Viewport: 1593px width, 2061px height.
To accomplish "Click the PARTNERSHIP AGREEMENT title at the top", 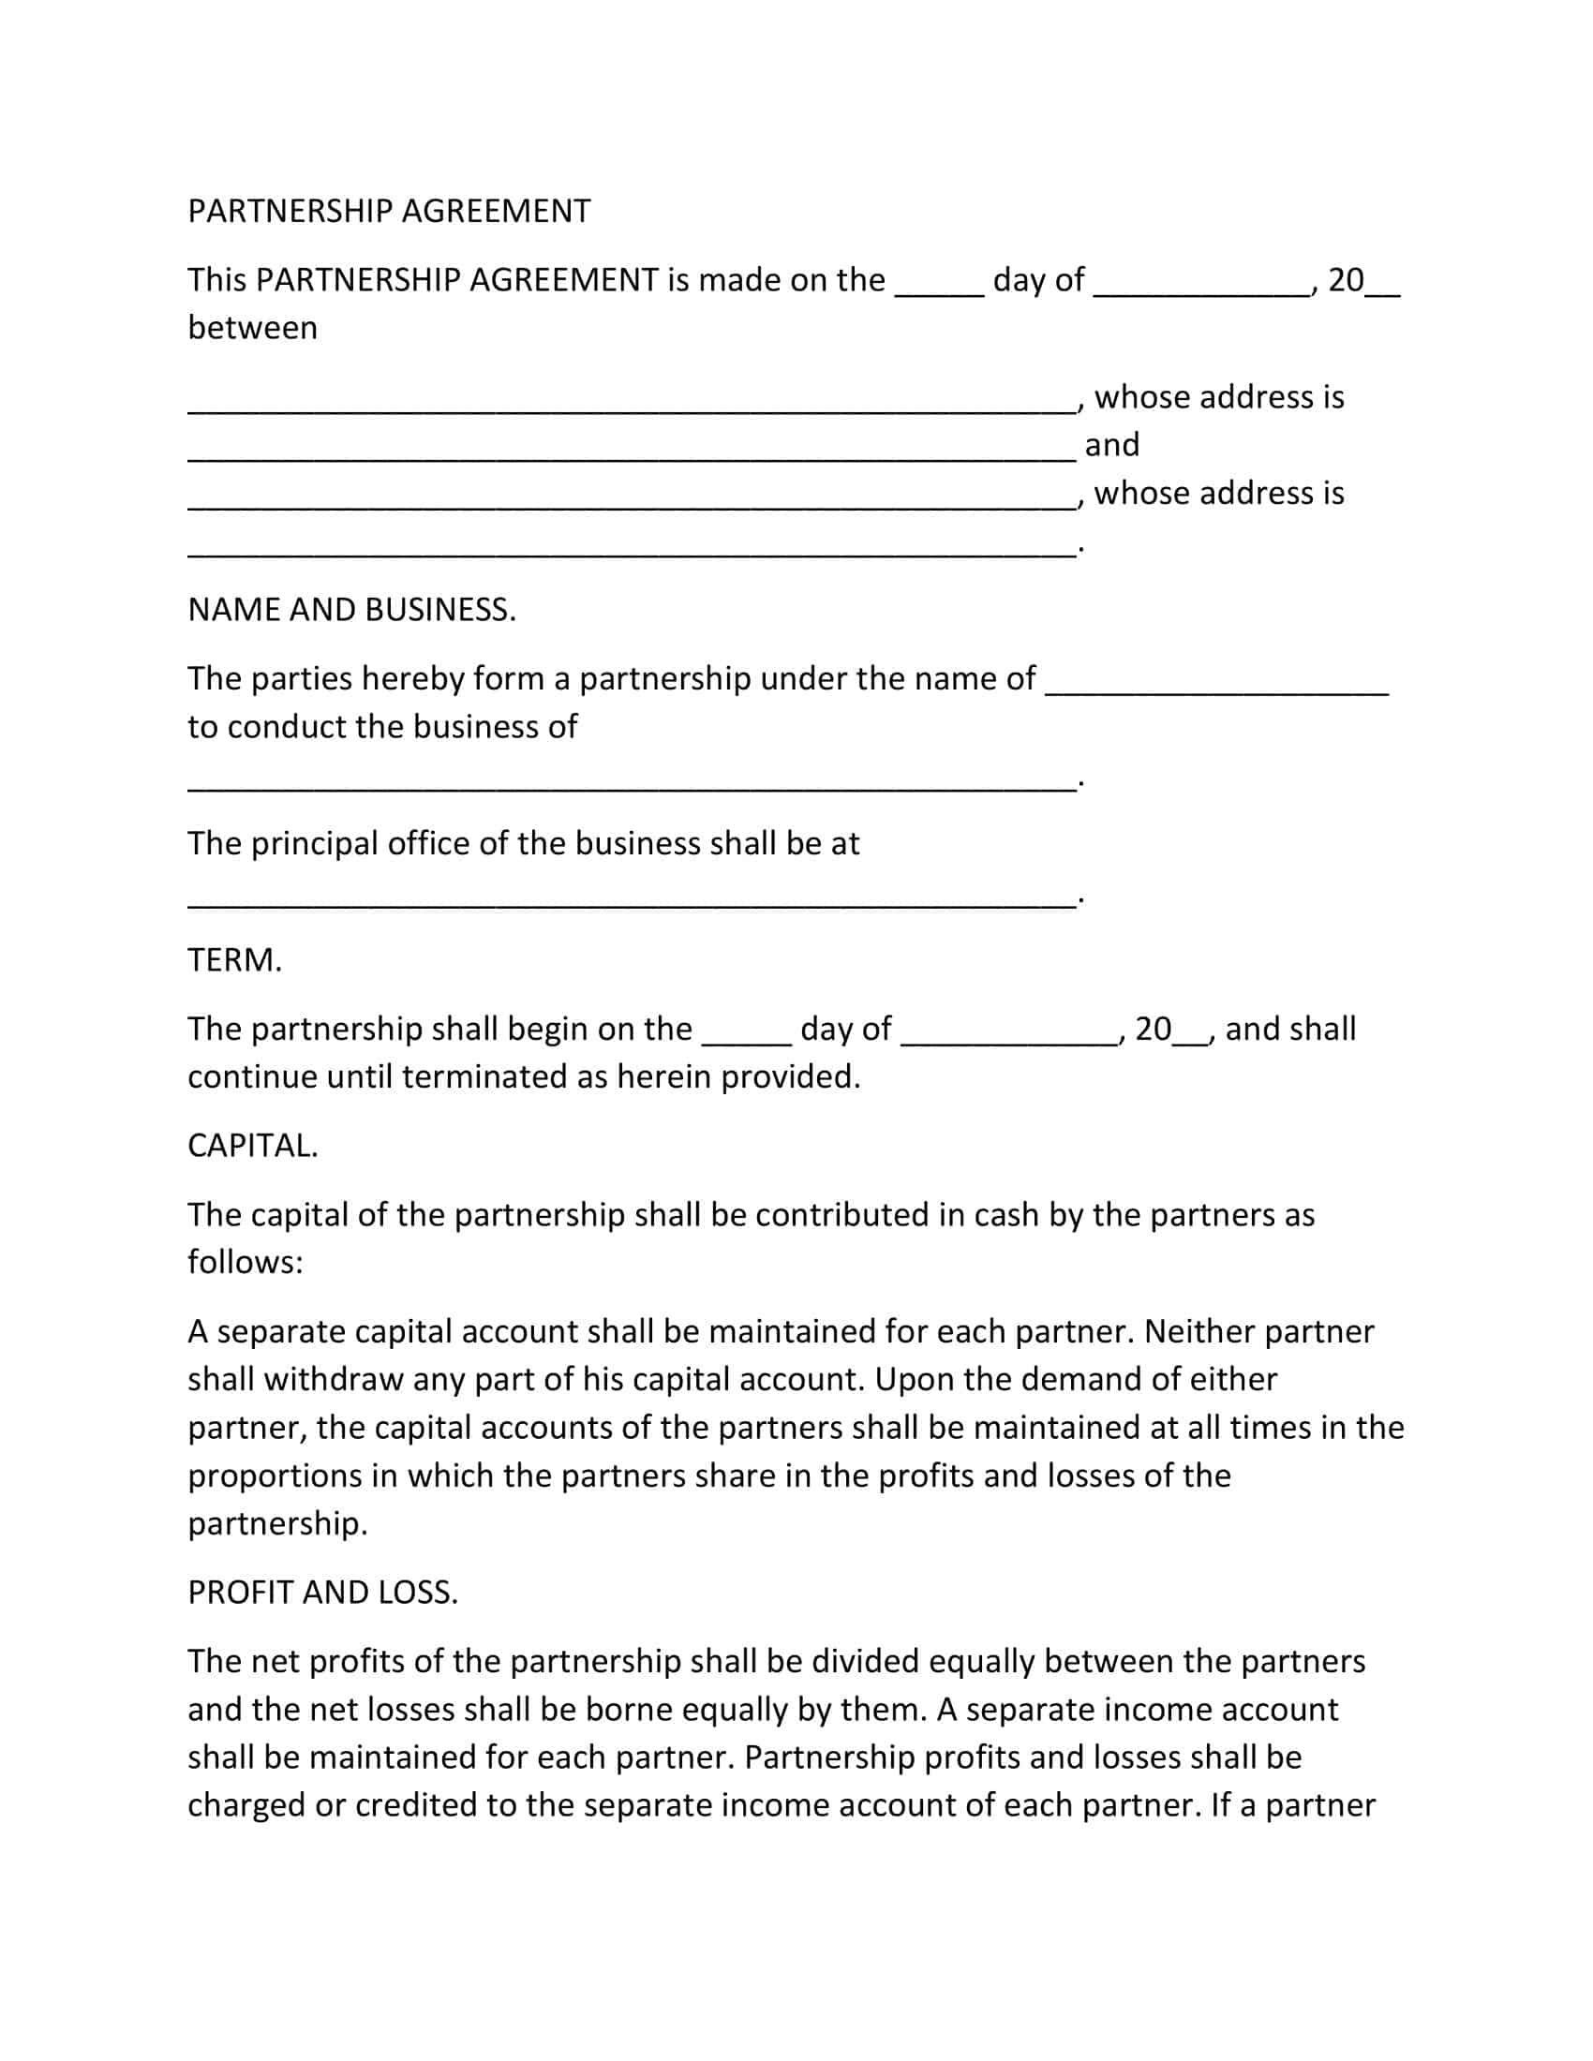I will (389, 212).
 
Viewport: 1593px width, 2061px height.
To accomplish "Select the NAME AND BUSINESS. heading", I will (352, 611).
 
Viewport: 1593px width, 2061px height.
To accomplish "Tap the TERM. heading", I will (235, 960).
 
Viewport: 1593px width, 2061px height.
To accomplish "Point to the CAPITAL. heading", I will (253, 1147).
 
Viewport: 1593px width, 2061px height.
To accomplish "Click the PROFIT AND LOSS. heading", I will (322, 1593).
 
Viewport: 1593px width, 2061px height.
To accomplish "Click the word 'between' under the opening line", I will (253, 329).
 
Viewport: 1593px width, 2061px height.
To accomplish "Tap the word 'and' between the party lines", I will (1111, 444).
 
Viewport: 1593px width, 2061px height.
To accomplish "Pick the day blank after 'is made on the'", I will (939, 288).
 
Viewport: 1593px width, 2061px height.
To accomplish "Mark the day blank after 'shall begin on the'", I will (747, 1036).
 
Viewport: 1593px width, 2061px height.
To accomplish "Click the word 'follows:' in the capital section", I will (246, 1263).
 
